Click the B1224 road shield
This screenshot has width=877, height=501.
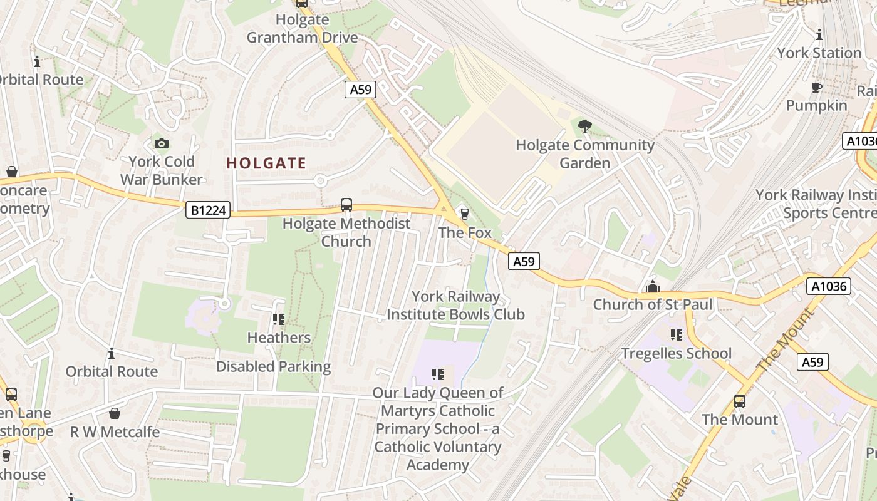pyautogui.click(x=208, y=210)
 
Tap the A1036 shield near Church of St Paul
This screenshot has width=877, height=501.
pyautogui.click(x=828, y=287)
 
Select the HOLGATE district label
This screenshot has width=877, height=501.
pyautogui.click(x=266, y=163)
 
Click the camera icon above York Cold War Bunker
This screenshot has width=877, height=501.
pyautogui.click(x=162, y=143)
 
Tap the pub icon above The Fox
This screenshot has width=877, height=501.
pyautogui.click(x=464, y=214)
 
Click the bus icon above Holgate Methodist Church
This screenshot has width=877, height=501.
pyautogui.click(x=346, y=205)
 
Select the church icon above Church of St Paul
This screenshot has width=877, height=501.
pyautogui.click(x=653, y=287)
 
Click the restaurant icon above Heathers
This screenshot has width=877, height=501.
pyautogui.click(x=279, y=319)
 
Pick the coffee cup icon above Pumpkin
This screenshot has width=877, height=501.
pyautogui.click(x=817, y=87)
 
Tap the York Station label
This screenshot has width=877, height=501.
pyautogui.click(x=819, y=53)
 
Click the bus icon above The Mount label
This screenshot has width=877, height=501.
pyautogui.click(x=740, y=401)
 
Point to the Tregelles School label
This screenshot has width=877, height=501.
pyautogui.click(x=676, y=353)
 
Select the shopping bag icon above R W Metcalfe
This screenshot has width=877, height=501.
pyautogui.click(x=114, y=413)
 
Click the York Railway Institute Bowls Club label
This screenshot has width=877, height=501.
pyautogui.click(x=455, y=305)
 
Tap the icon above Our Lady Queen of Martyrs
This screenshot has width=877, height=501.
pyautogui.click(x=438, y=374)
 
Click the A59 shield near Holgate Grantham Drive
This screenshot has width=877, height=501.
pyautogui.click(x=360, y=90)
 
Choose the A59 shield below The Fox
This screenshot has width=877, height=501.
pyautogui.click(x=524, y=261)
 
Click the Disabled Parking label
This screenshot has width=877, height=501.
pyautogui.click(x=273, y=366)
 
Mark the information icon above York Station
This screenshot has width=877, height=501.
pyautogui.click(x=819, y=34)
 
